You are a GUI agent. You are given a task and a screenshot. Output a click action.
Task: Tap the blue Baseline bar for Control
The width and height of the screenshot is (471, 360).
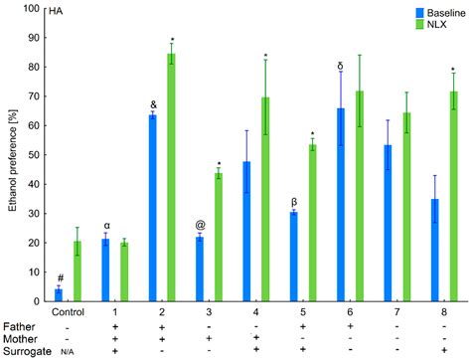pyautogui.click(x=59, y=294)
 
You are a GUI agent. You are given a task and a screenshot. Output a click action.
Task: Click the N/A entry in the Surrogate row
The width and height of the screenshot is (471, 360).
pyautogui.click(x=68, y=352)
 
